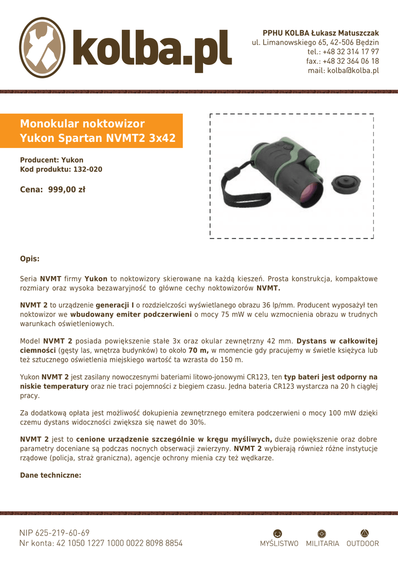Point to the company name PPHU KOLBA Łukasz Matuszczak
(321, 33)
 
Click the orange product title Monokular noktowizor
(82, 123)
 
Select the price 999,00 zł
(67, 190)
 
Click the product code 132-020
(87, 169)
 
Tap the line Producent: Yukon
(52, 159)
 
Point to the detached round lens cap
(345, 185)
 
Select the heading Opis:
(30, 258)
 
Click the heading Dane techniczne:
(51, 475)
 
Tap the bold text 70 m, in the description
(199, 350)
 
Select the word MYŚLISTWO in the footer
(279, 544)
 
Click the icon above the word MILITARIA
(322, 533)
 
